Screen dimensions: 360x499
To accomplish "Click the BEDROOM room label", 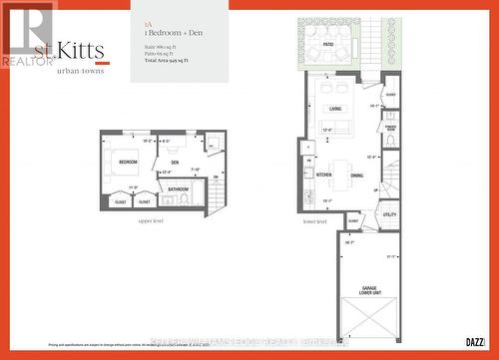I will (x=128, y=162).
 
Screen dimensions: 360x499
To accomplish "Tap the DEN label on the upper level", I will (x=175, y=162).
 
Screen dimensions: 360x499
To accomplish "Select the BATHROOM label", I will (x=179, y=187).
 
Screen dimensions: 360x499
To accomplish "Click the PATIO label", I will (x=327, y=44).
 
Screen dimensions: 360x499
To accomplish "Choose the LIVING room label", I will (x=335, y=109).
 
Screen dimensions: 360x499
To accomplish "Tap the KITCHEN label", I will (x=324, y=175).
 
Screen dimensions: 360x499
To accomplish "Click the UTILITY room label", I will (x=389, y=213).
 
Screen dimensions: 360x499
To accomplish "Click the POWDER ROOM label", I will (x=390, y=128).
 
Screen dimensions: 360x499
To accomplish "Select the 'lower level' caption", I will (x=314, y=221).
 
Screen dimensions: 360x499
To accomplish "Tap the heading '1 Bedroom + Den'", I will (x=167, y=33).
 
